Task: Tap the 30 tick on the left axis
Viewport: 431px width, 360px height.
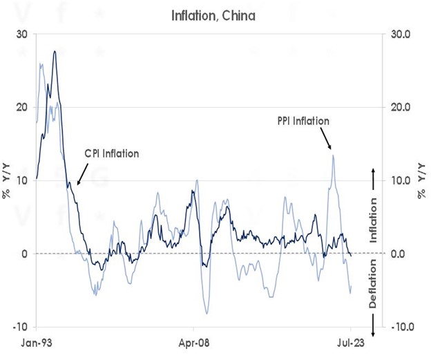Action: (23, 35)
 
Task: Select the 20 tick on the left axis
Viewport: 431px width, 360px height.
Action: (23, 107)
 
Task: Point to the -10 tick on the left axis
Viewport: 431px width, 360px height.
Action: (21, 326)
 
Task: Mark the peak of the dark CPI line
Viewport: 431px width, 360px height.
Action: (55, 51)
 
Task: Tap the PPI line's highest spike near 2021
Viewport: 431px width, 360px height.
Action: (334, 155)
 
